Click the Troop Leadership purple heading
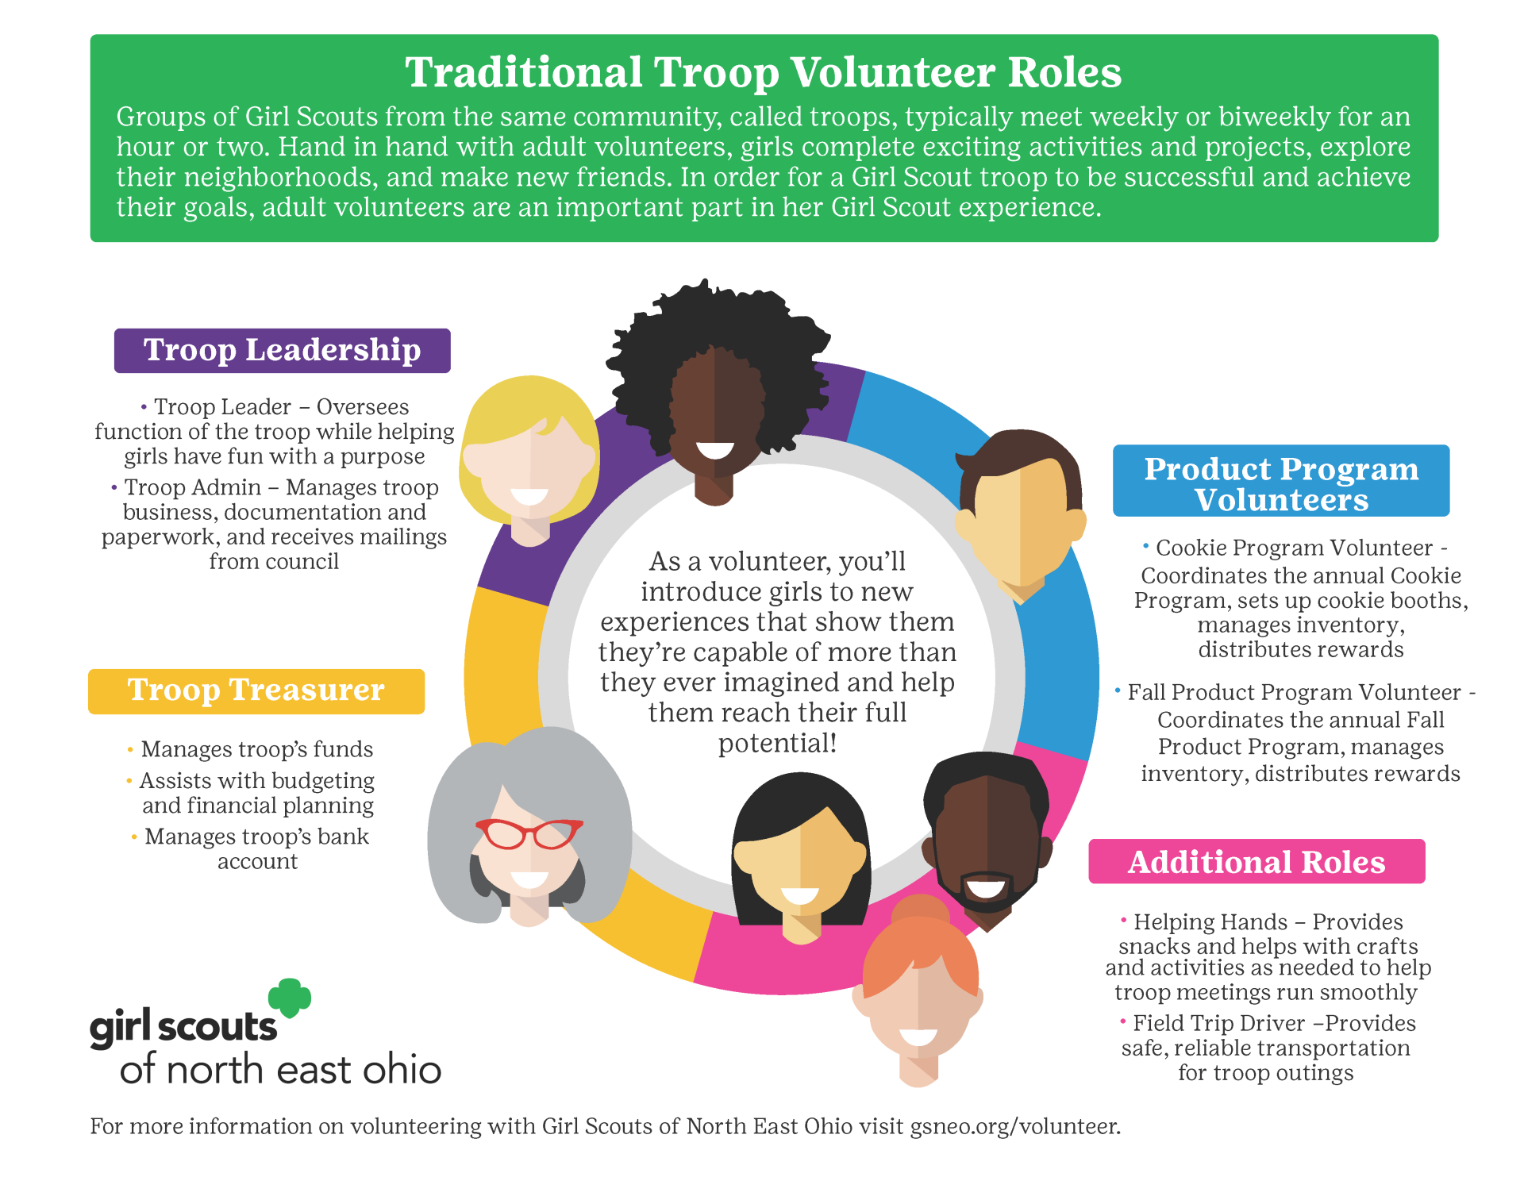282,350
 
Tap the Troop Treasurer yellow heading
256,690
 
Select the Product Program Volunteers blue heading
1281,481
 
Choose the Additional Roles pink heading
1257,861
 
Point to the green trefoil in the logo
290,997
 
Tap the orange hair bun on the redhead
920,909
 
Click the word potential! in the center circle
777,744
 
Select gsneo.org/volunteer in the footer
1015,1126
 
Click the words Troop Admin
193,487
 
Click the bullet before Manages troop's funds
130,748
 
